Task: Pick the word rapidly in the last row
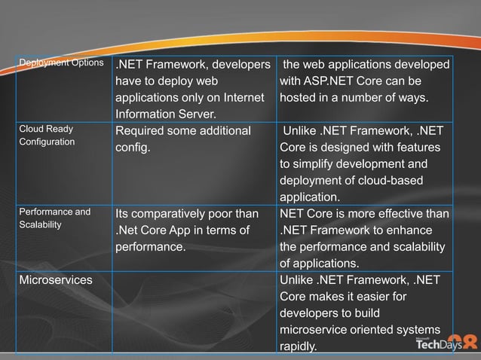[x=299, y=346]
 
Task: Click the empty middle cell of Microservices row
[x=193, y=313]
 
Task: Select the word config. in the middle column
[x=133, y=148]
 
